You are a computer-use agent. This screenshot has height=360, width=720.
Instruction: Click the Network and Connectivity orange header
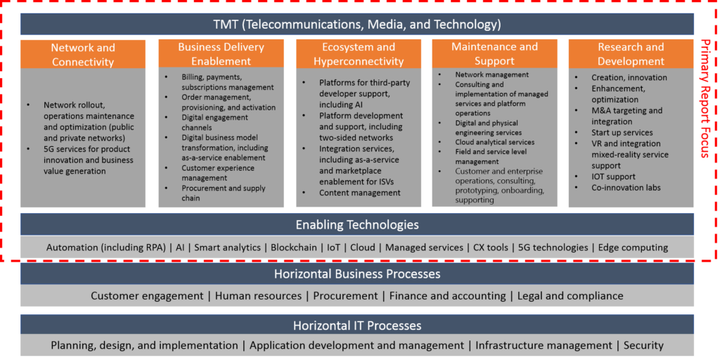coord(83,55)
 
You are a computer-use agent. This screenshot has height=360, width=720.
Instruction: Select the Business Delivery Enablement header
coord(221,54)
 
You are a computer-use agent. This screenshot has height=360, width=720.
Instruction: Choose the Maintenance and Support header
coord(494,53)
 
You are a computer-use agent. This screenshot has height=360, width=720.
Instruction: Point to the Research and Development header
coord(631,54)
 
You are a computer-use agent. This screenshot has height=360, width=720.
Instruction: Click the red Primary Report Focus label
coord(706,98)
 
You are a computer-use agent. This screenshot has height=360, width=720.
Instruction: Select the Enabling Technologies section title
coord(357,224)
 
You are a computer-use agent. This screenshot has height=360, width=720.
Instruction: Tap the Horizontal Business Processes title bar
coord(357,274)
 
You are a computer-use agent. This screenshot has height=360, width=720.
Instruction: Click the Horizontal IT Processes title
coord(357,326)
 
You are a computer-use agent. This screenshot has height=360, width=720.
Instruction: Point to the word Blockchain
coord(294,247)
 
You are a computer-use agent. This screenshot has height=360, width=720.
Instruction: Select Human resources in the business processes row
coord(258,296)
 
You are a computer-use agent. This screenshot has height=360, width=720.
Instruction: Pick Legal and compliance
coord(570,296)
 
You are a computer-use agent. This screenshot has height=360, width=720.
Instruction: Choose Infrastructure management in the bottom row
coord(544,345)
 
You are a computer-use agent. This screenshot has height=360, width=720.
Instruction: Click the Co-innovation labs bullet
coord(622,187)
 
